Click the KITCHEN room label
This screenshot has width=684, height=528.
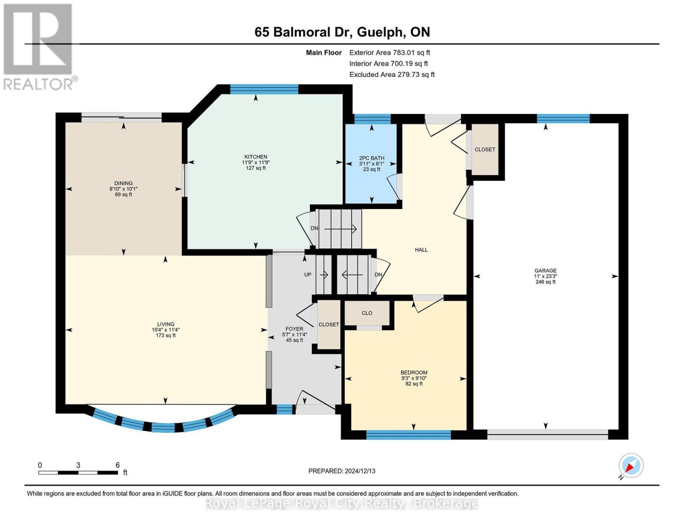tap(256, 157)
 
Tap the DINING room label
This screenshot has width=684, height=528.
tap(123, 183)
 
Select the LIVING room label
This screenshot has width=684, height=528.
tap(165, 324)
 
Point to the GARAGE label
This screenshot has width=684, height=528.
tap(545, 271)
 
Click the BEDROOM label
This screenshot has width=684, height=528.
tap(414, 373)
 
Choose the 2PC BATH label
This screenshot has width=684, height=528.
tap(371, 158)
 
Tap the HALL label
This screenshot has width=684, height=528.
tap(421, 250)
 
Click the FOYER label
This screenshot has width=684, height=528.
tap(294, 329)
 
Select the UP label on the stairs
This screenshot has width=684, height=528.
tap(308, 275)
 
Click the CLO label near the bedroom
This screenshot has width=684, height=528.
tap(367, 313)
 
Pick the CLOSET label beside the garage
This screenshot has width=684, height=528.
tap(485, 150)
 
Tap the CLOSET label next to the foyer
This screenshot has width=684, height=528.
tap(329, 325)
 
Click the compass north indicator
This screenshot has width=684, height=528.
tap(631, 466)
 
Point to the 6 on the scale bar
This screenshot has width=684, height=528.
tap(118, 465)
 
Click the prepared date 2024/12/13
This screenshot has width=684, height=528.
tap(360, 471)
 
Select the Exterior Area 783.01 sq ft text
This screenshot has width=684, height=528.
tap(390, 52)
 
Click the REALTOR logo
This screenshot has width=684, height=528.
tap(39, 46)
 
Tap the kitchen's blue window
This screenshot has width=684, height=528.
tap(264, 89)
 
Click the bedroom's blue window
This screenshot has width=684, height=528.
tap(408, 435)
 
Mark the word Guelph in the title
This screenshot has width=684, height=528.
tap(379, 32)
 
